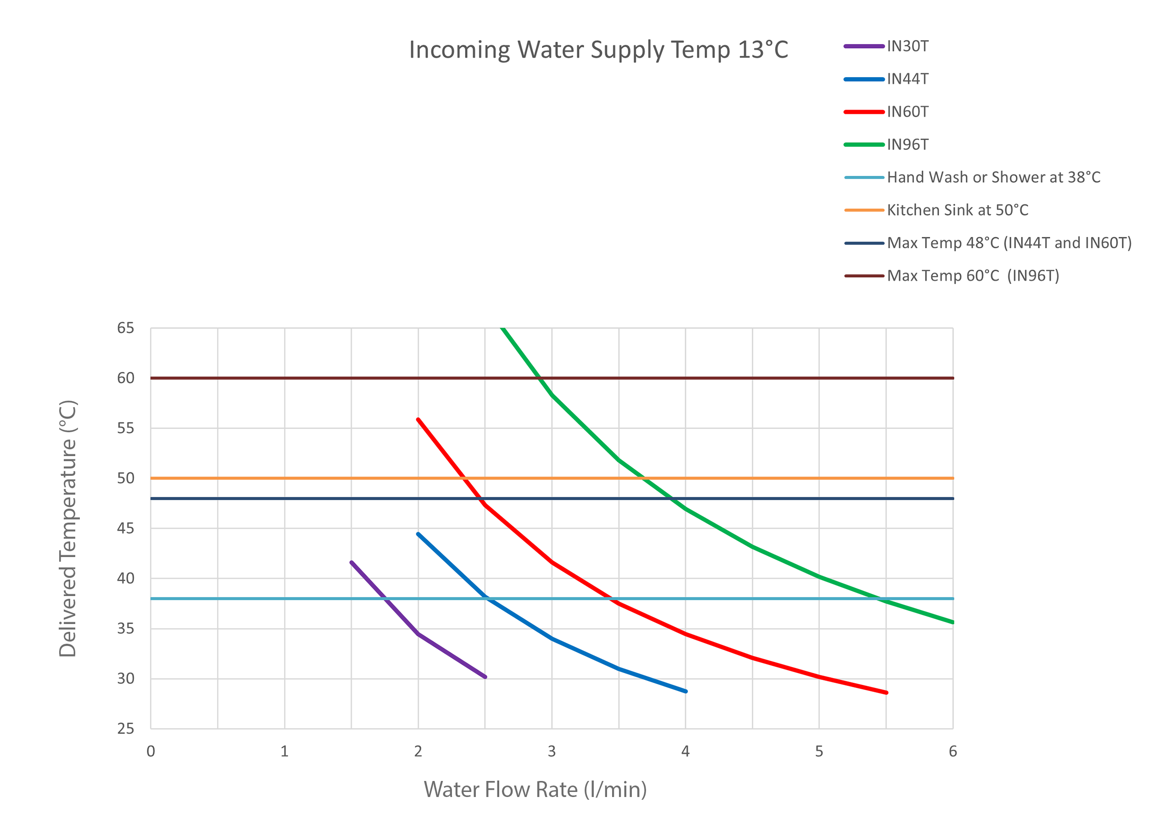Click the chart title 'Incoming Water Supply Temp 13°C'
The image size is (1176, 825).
[598, 50]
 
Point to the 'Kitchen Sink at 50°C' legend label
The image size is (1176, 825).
[957, 211]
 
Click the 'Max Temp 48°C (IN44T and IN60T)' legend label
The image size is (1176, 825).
[1009, 243]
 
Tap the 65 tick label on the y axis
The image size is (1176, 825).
[125, 328]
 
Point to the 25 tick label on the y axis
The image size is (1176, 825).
[125, 729]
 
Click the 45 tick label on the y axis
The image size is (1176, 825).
[125, 529]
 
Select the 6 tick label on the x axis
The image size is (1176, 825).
[953, 752]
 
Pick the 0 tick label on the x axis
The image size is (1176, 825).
[150, 752]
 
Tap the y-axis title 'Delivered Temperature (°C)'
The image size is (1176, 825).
[68, 529]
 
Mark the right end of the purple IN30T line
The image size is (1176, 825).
[485, 677]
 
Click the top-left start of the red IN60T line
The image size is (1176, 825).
[418, 419]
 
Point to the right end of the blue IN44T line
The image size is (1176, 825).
[686, 691]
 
